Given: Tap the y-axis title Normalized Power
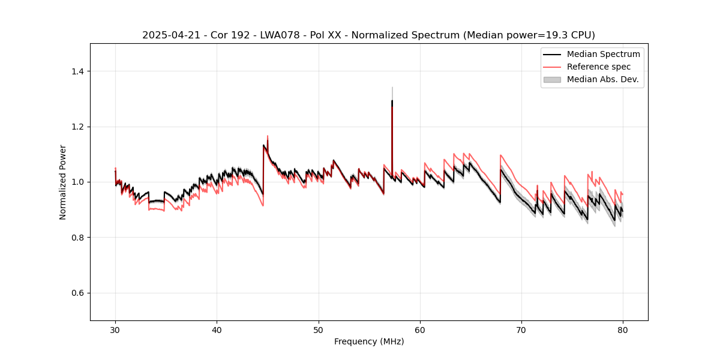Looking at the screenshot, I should (63, 182).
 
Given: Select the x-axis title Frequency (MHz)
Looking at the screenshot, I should (369, 341).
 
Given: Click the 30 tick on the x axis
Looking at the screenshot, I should (115, 330).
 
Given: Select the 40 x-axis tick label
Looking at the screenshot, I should (217, 330).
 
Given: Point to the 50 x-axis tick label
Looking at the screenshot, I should (319, 330).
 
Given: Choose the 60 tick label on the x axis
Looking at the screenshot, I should (420, 330).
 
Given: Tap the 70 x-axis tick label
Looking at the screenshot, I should (521, 330).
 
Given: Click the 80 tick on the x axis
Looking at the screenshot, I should (623, 330).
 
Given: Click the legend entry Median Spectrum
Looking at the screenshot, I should (603, 54).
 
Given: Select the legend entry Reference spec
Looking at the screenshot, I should (599, 67).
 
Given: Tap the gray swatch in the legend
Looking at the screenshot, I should (552, 79).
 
